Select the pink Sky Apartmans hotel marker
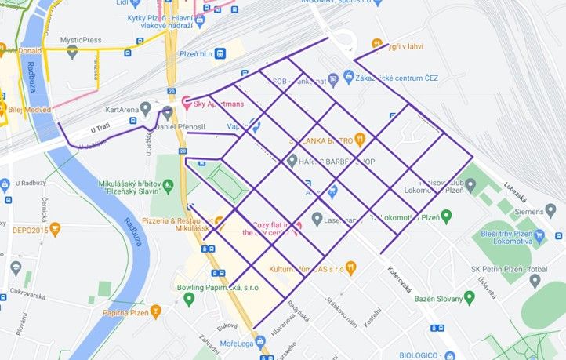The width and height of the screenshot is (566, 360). [187, 103]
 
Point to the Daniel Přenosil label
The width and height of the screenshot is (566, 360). [180, 126]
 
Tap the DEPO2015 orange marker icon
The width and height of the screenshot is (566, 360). [55, 230]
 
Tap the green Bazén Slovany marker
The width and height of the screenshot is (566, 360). [469, 297]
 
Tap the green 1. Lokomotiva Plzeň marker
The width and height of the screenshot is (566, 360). [446, 216]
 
